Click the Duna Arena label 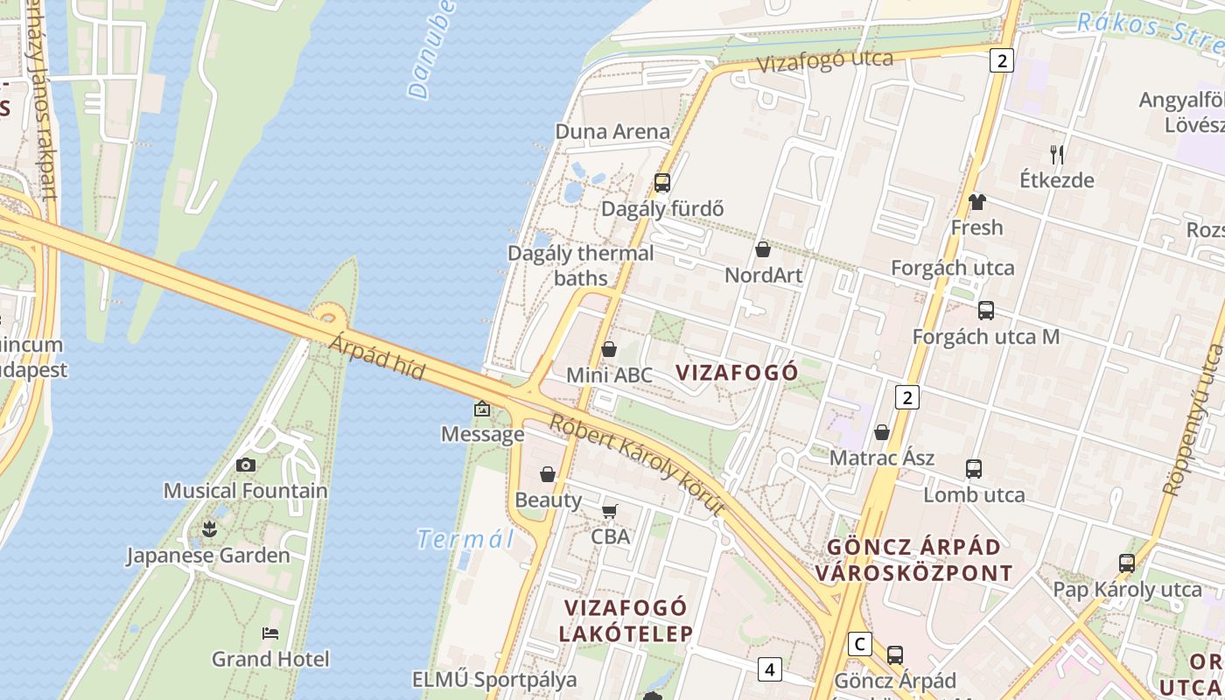(612, 132)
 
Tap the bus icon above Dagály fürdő (662, 182)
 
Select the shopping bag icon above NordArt (763, 249)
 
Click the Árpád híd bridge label (377, 358)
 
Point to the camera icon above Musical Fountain (246, 465)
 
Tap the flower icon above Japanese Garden (209, 528)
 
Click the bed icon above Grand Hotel (270, 633)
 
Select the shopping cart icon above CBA (610, 510)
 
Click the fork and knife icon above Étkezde (1057, 155)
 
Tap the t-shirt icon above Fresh (977, 202)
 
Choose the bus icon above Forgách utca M (986, 311)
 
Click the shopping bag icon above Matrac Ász (882, 432)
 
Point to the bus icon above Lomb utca (974, 468)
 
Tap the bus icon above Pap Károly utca (1127, 563)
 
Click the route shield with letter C (861, 644)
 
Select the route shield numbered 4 (769, 669)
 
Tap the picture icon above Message (482, 409)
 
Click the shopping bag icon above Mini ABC (609, 349)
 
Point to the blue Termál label (465, 539)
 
